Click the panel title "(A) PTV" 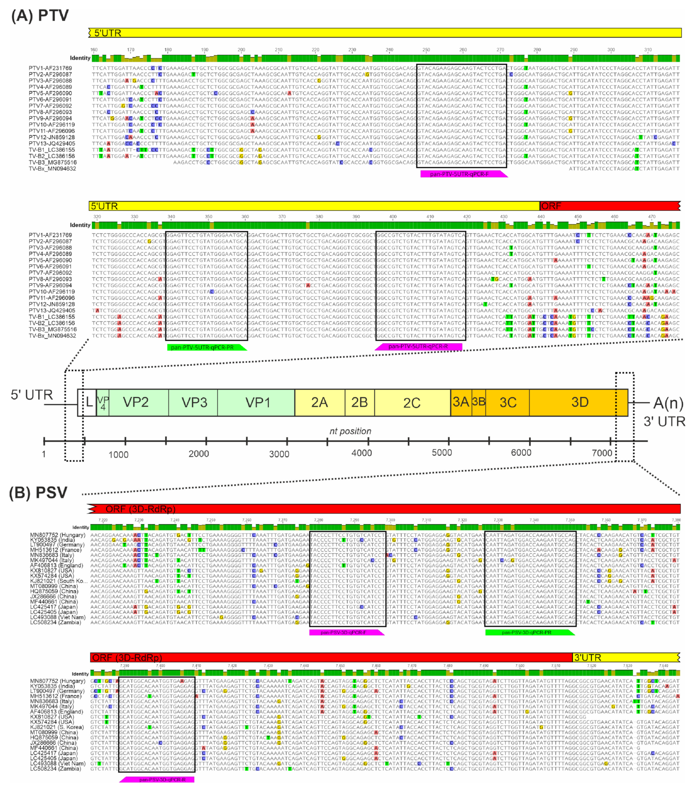coord(40,16)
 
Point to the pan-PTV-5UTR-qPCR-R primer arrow coord(418,346)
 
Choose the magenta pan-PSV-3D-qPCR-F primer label coord(346,632)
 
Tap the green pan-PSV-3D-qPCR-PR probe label coord(529,632)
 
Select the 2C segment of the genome coord(412,403)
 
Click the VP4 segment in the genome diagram coord(103,403)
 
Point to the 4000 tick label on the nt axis coord(361,453)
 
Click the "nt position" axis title coord(350,431)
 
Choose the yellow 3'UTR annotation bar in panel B coord(625,657)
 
